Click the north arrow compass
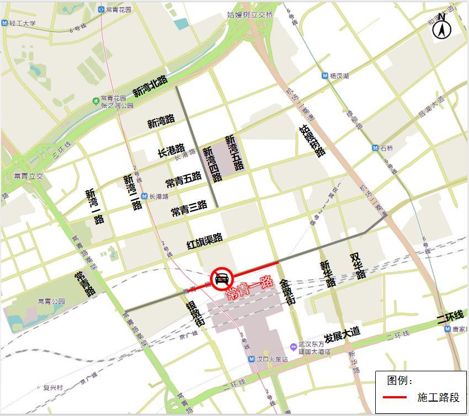point(441,27)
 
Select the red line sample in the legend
point(395,397)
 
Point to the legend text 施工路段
point(438,397)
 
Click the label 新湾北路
point(150,86)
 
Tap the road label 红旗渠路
point(205,241)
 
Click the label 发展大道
point(342,333)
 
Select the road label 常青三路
point(189,208)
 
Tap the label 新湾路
point(161,121)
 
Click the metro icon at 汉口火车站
point(252,359)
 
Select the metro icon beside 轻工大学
point(5,23)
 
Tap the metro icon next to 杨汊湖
point(324,76)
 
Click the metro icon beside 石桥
point(375,148)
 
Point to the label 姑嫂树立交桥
point(250,15)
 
